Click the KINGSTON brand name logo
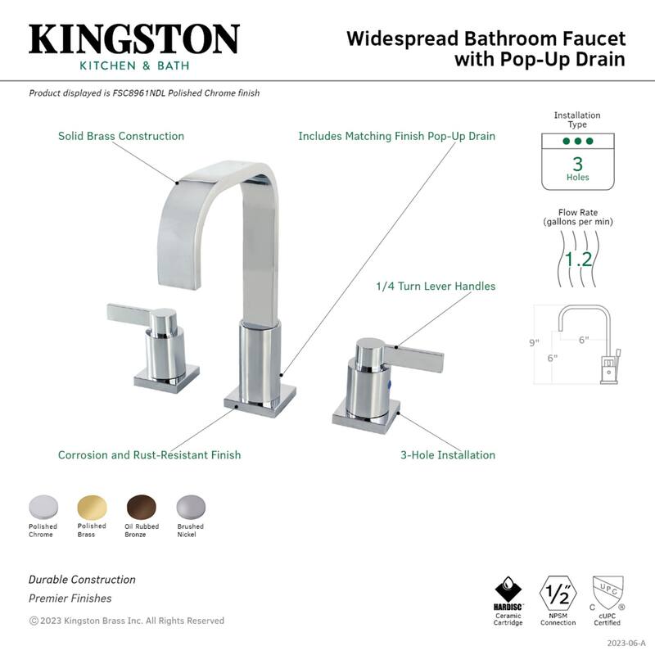[134, 39]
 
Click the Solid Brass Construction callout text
[121, 136]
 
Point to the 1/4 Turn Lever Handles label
[436, 287]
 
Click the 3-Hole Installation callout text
[447, 454]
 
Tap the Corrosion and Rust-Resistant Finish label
[149, 454]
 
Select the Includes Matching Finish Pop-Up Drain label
[396, 136]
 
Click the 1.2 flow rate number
[579, 260]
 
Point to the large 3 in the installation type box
[577, 162]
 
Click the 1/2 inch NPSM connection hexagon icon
[558, 591]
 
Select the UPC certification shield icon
[607, 591]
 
